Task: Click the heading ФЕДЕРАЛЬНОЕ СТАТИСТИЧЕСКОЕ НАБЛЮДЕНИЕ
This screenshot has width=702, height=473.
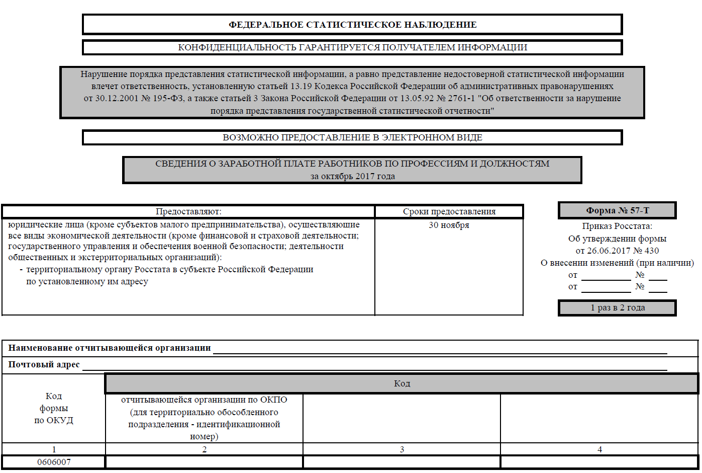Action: point(352,25)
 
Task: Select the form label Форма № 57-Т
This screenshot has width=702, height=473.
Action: point(617,210)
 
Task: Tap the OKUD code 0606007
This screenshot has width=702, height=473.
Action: point(54,462)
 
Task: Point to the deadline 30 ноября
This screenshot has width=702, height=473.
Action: point(449,225)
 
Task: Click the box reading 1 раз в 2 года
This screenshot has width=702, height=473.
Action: point(617,307)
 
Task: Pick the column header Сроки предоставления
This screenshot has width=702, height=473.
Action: point(449,211)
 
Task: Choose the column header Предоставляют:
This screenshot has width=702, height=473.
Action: point(188,211)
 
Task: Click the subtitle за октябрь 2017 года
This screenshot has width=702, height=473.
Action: point(352,176)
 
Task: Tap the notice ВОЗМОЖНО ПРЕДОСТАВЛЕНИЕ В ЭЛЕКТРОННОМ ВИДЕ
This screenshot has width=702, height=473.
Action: point(352,137)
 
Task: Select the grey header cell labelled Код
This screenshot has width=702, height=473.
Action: point(402,383)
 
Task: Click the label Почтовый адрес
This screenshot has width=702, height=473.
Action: point(44,364)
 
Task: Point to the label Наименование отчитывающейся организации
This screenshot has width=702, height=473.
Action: point(110,348)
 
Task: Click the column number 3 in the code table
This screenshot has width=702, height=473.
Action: point(402,449)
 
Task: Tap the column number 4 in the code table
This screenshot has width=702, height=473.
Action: point(599,449)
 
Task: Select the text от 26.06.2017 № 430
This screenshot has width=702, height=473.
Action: point(617,251)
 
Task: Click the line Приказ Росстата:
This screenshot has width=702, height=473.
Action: point(617,226)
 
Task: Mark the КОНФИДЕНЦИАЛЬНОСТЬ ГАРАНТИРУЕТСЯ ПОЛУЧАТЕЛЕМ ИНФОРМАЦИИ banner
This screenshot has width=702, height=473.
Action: point(352,47)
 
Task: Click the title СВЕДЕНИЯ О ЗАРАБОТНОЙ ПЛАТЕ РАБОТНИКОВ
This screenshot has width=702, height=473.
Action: point(352,164)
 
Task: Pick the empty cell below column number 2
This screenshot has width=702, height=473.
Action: point(204,462)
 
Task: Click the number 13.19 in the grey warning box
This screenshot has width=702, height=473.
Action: point(301,86)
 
